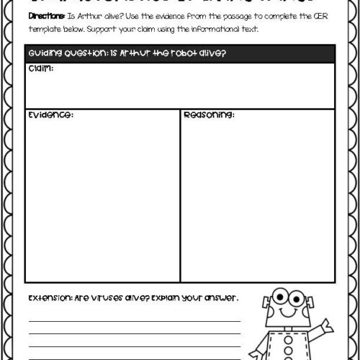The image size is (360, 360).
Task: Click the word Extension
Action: click(50, 297)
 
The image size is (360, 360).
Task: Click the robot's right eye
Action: click(296, 297)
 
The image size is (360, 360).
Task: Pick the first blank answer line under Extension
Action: click(134, 321)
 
